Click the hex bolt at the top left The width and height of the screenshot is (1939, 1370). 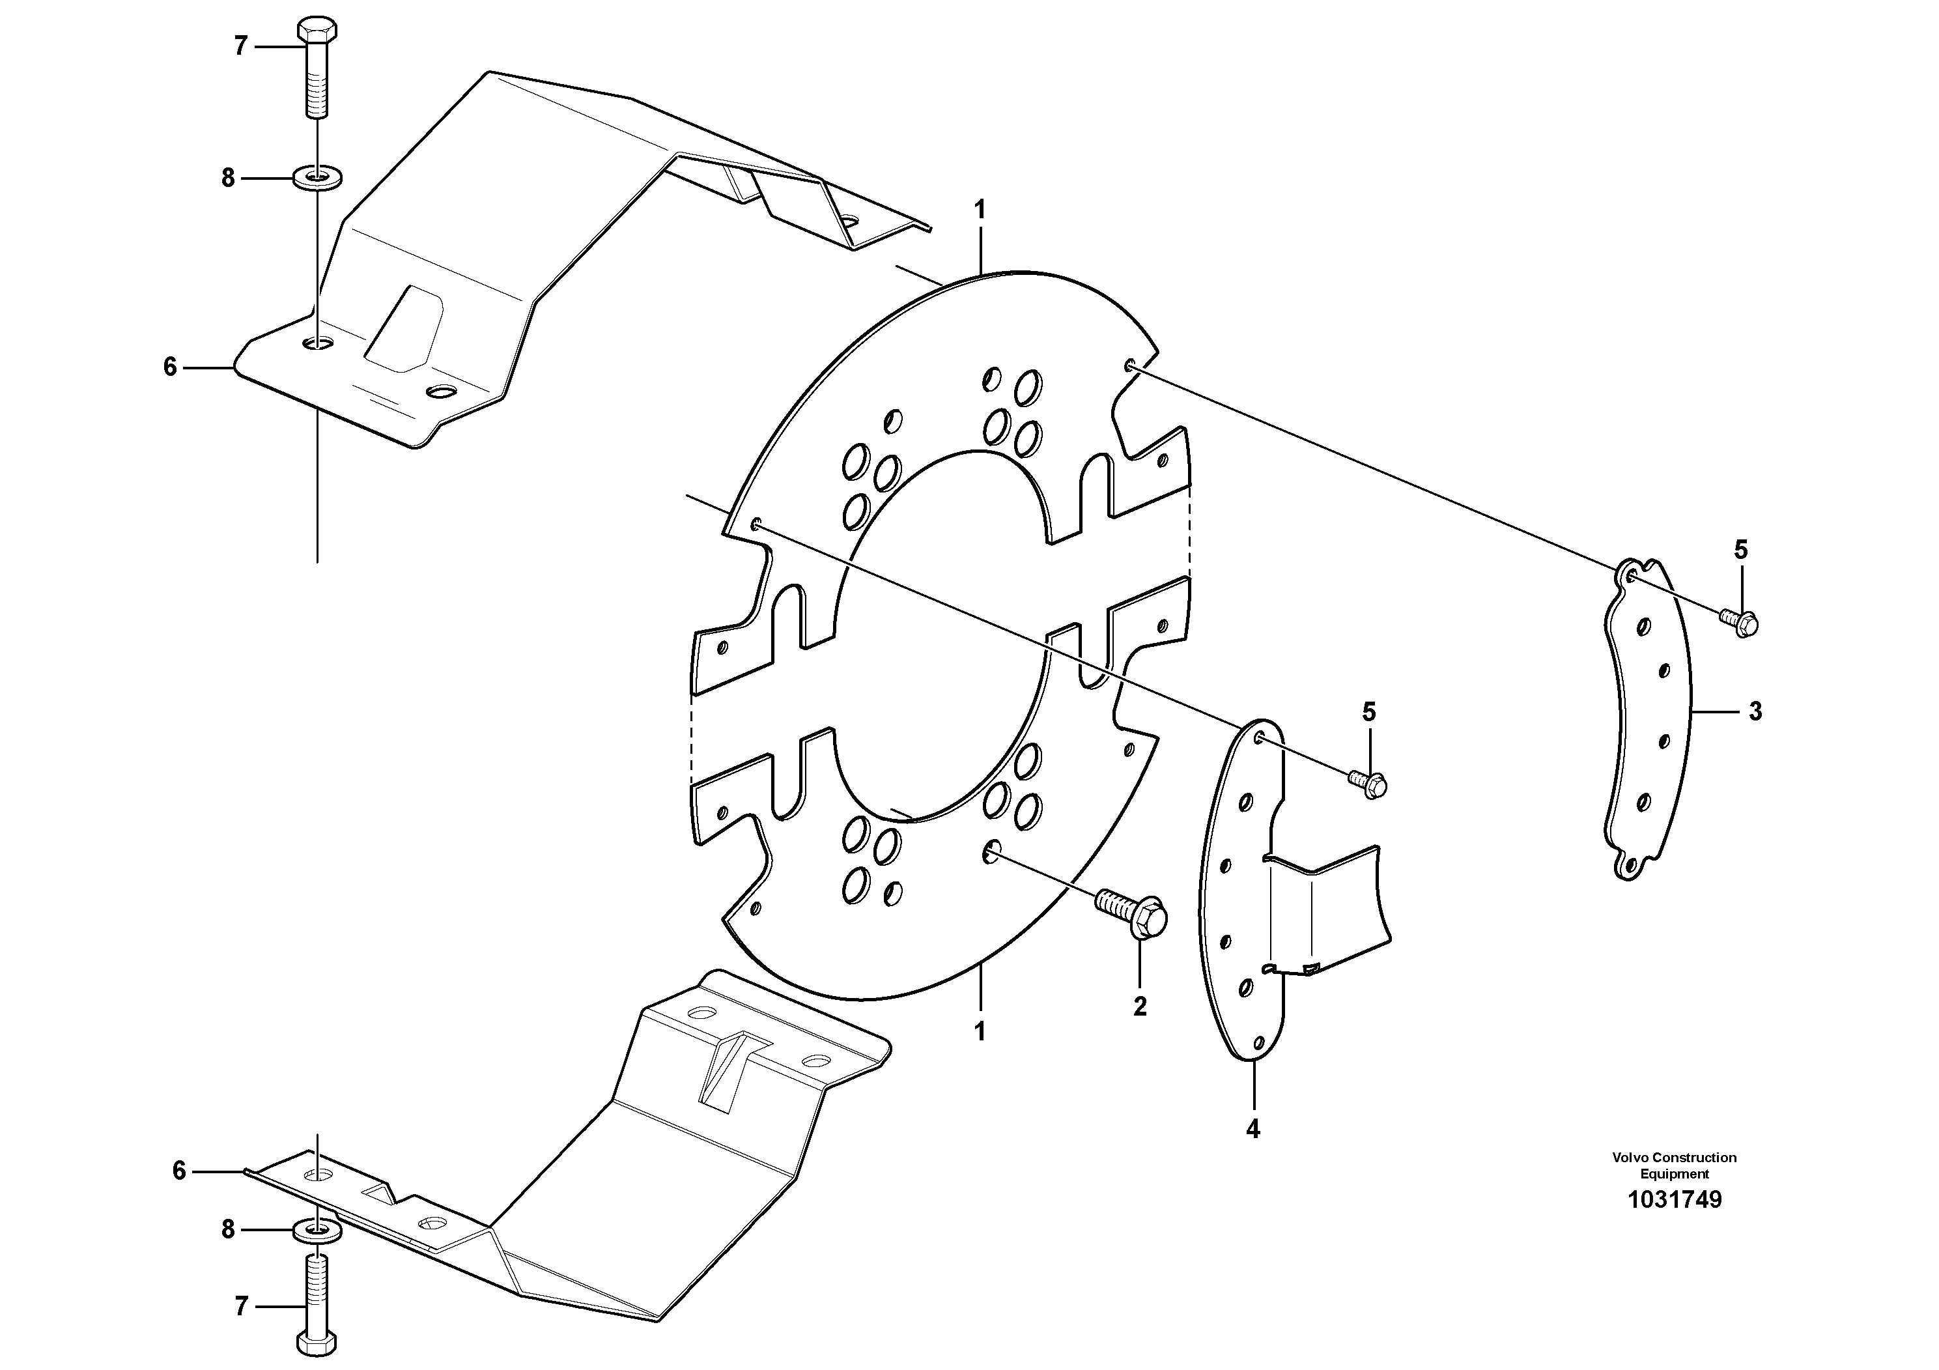[318, 68]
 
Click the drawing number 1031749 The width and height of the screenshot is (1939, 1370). [1674, 1199]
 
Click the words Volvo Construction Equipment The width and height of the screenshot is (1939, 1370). [1674, 1165]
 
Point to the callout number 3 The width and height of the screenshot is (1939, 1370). [1755, 712]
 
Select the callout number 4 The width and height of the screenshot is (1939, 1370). [1253, 1128]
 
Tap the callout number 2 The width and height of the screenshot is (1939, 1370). [1139, 1006]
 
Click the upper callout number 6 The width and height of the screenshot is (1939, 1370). [170, 367]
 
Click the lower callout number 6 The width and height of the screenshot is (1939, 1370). [178, 1171]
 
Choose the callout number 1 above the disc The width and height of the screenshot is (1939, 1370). [980, 210]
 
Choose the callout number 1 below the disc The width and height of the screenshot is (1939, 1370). [980, 1031]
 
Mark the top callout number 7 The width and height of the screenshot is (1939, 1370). [241, 46]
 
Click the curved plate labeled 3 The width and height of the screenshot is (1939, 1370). [1647, 726]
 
